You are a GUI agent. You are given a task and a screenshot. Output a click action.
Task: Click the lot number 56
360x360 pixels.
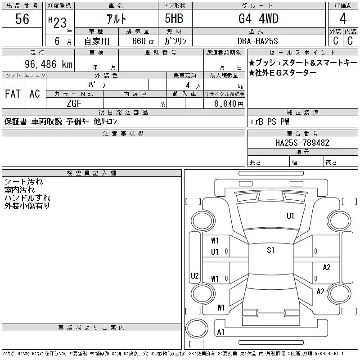pyautogui.click(x=22, y=19)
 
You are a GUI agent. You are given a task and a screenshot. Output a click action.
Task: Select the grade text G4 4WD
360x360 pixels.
pyautogui.click(x=258, y=19)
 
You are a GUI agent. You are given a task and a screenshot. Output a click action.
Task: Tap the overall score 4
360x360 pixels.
pyautogui.click(x=343, y=18)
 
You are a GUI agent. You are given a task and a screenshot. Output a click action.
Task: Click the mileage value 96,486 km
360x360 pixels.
pyautogui.click(x=49, y=64)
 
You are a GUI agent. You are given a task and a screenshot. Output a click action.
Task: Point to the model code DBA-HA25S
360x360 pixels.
pyautogui.click(x=257, y=41)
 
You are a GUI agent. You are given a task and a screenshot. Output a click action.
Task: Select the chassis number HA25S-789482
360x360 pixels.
pyautogui.click(x=302, y=143)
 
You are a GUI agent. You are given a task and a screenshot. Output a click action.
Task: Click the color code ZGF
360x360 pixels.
pyautogui.click(x=74, y=103)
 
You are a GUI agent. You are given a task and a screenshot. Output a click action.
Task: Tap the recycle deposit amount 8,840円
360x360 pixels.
pyautogui.click(x=229, y=104)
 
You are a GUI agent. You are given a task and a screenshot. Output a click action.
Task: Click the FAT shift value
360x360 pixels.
pyautogui.click(x=13, y=94)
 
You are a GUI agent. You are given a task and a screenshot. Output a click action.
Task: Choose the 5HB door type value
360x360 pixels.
pyautogui.click(x=174, y=18)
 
